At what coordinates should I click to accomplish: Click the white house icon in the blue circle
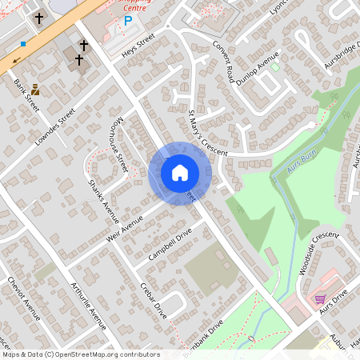(179, 172)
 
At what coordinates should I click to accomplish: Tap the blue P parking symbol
(127, 22)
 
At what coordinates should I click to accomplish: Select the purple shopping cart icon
(320, 299)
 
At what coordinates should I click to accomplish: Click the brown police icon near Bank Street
(35, 91)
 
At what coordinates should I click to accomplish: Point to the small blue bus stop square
(23, 43)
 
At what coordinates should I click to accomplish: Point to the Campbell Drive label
(170, 246)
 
